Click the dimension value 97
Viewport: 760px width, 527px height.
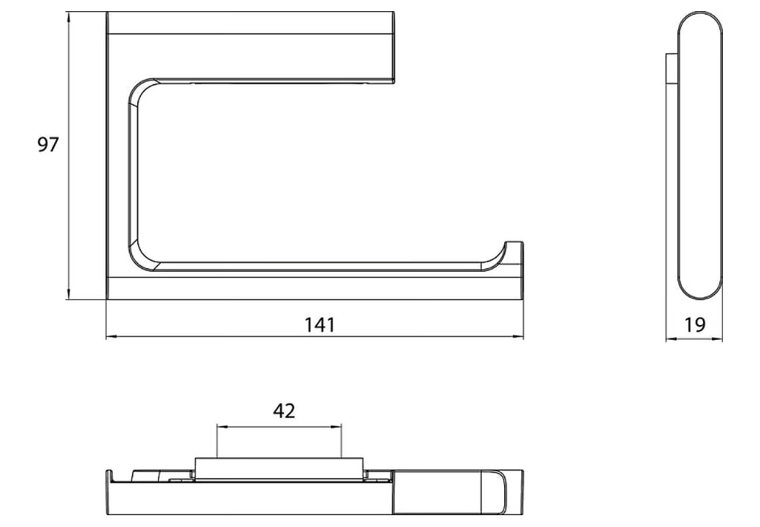[48, 145]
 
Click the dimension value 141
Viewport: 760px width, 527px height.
[320, 324]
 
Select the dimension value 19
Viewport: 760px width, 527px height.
[695, 324]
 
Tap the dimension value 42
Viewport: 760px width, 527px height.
[284, 410]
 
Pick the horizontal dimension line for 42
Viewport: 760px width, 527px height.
[279, 426]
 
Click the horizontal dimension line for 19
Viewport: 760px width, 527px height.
[694, 340]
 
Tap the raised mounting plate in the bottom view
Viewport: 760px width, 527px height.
[279, 466]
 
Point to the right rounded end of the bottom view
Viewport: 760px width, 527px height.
[512, 492]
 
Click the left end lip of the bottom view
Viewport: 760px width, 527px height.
[109, 475]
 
